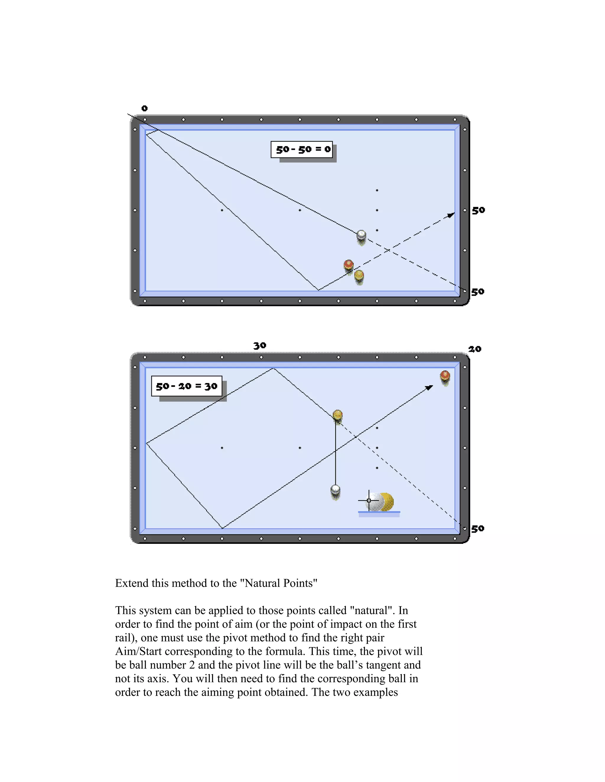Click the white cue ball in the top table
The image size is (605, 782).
[361, 235]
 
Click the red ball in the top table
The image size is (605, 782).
[348, 265]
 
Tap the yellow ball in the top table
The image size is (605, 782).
[359, 275]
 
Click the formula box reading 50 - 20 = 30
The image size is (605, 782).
[186, 386]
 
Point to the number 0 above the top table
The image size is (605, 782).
[144, 108]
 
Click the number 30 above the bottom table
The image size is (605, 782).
[260, 346]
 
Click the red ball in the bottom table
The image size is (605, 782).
[445, 376]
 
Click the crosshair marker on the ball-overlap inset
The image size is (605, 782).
[369, 500]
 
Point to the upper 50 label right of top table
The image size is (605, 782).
[478, 210]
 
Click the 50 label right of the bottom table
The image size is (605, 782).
[478, 529]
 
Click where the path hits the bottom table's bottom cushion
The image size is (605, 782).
[222, 528]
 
